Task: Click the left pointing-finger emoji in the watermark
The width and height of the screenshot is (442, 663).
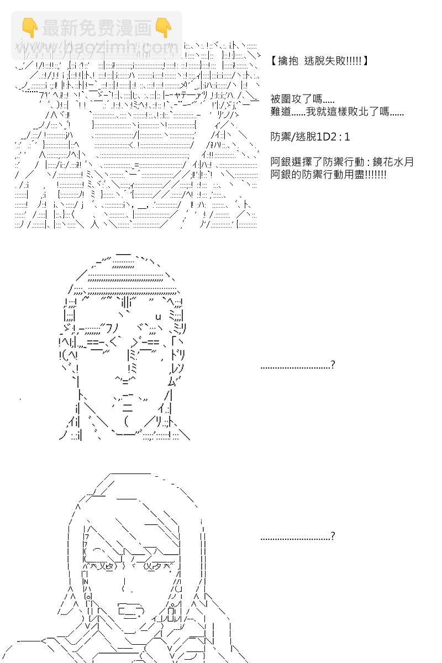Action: point(28,27)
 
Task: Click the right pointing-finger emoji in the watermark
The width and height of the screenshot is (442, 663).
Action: point(163,27)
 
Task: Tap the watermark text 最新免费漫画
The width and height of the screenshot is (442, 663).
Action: point(96,27)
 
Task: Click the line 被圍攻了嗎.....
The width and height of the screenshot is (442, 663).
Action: point(302,99)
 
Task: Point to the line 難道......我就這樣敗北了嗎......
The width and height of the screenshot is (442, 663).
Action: point(337,112)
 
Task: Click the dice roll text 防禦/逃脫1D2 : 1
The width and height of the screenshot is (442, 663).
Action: point(310,136)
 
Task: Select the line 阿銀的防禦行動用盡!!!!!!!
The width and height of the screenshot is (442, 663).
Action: point(328,175)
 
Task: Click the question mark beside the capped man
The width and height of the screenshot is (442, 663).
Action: point(331,365)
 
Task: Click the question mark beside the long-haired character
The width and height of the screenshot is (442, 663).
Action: point(331,536)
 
